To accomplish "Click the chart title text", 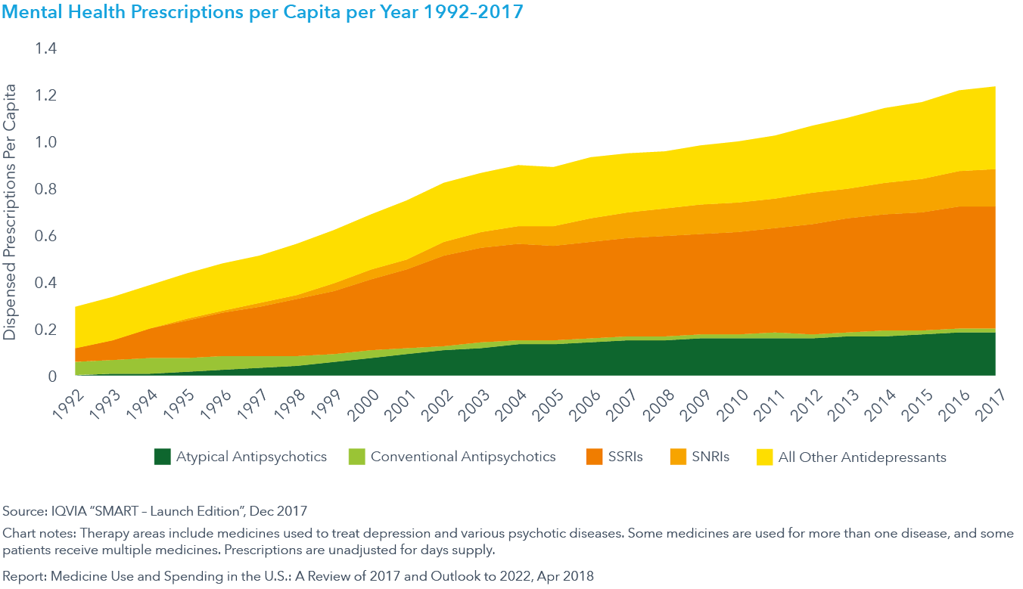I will [x=263, y=12].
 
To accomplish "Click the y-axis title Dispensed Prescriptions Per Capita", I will [x=10, y=212].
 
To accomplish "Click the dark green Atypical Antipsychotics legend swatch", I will [x=163, y=457].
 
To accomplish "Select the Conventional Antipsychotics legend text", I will [x=463, y=457].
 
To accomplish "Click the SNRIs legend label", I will [x=710, y=457].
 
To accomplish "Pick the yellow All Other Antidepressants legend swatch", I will [x=765, y=457].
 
